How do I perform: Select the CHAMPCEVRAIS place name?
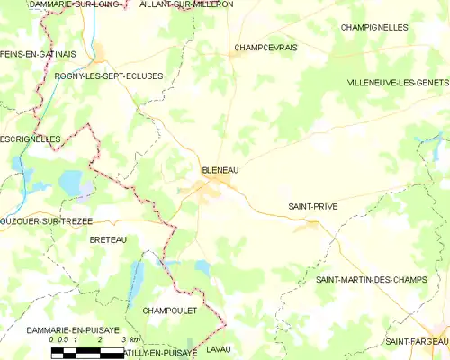265,47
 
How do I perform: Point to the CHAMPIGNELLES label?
374,28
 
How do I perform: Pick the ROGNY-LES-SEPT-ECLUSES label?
109,76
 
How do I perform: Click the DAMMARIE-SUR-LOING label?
63,4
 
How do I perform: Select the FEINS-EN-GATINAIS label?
38,54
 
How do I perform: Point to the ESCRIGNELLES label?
31,139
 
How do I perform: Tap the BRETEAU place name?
108,239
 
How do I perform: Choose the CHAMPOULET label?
171,310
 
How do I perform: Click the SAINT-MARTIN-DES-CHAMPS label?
377,281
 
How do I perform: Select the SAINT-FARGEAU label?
417,341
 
